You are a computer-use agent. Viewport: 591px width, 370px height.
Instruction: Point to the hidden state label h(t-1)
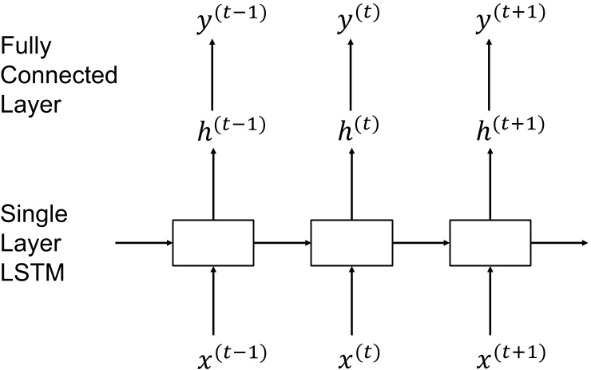[x=231, y=127]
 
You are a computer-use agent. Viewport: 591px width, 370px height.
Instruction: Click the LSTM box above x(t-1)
[x=212, y=242]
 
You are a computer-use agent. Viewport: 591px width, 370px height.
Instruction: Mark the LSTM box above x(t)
[x=351, y=242]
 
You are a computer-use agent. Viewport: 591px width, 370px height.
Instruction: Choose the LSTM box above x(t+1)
[x=490, y=242]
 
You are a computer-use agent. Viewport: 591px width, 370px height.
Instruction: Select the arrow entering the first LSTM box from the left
[x=144, y=242]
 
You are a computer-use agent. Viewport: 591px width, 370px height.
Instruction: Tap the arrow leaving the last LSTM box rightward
[x=559, y=242]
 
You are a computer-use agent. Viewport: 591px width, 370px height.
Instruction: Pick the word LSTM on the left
[x=33, y=272]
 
